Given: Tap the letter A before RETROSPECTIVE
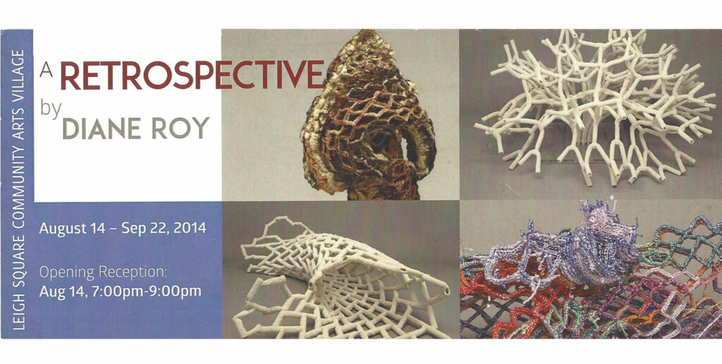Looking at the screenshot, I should click(47, 70).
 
